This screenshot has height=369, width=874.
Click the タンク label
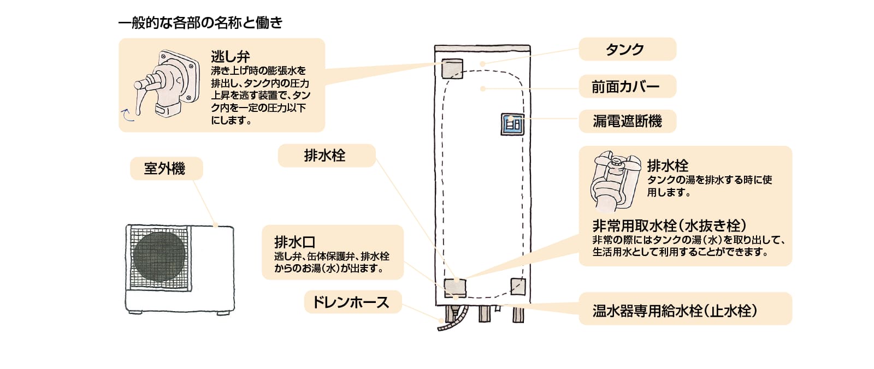pos(627,49)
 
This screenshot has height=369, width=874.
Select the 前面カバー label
pos(627,86)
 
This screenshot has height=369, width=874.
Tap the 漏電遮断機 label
pos(627,121)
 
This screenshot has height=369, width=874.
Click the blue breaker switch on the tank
pos(512,124)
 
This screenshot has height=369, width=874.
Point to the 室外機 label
pos(166,168)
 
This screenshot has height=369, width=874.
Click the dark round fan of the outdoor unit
pos(159,256)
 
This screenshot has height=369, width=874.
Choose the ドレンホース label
pos(351,302)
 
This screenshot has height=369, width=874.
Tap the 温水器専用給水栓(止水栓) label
pos(675,311)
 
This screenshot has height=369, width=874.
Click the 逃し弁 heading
pos(230,56)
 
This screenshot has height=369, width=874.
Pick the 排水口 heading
pos(295,242)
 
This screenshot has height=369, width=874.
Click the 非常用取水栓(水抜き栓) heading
pos(669,225)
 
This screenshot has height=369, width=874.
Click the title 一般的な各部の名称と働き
pos(200,22)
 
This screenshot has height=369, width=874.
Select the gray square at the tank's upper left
pos(452,68)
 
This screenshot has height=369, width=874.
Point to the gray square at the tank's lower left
pos(455,288)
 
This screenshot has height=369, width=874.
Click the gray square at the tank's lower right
pos(517,286)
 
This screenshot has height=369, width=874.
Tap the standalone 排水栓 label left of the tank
pos(325,156)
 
